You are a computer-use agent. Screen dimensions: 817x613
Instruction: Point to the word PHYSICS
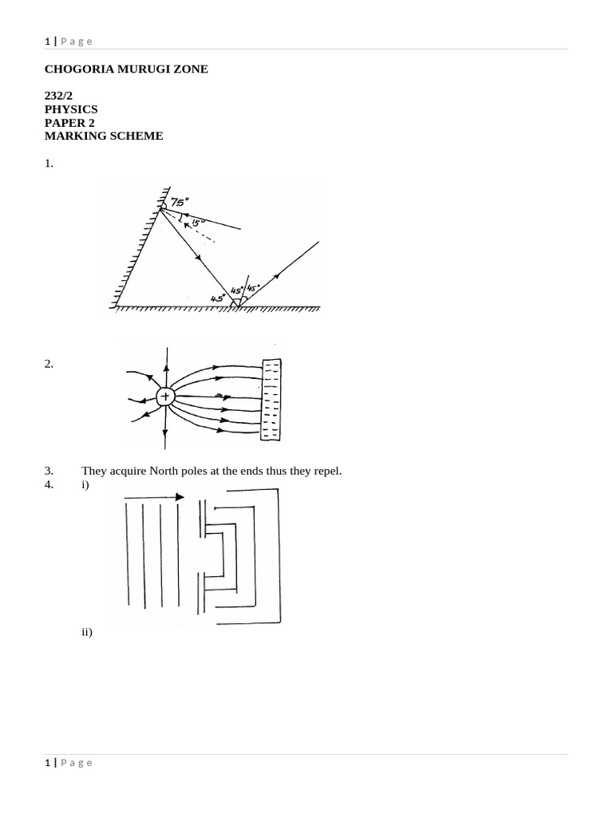click(x=71, y=109)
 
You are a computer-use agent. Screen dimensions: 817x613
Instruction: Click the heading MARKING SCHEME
click(x=104, y=136)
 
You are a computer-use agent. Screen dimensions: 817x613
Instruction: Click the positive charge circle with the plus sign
click(x=165, y=397)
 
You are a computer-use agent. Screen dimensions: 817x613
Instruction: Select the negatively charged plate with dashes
click(x=271, y=399)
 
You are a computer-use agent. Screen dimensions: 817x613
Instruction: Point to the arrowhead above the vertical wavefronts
click(x=180, y=496)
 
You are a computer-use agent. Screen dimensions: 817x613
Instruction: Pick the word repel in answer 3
click(x=327, y=471)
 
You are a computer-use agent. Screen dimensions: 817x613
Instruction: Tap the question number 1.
click(x=49, y=164)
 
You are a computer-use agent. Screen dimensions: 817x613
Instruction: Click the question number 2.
click(x=49, y=364)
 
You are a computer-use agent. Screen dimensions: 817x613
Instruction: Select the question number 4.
click(x=49, y=484)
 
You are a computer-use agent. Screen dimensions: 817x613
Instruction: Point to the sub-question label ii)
click(x=87, y=632)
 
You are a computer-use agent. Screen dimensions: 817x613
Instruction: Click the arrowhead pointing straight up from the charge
click(x=166, y=368)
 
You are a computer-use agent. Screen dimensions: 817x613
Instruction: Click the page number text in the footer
click(x=69, y=763)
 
